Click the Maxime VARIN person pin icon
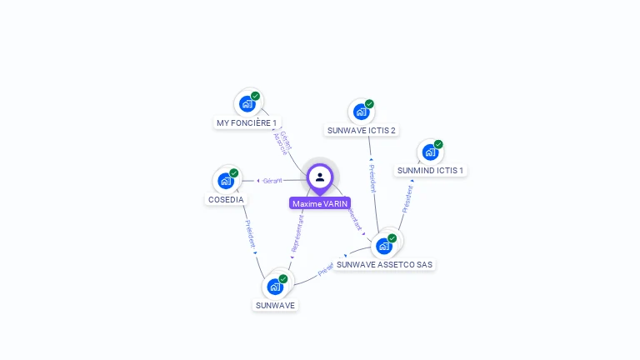[320, 177]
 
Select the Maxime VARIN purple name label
[320, 203]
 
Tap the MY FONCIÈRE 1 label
[247, 122]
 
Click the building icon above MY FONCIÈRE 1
[247, 103]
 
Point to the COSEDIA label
[226, 199]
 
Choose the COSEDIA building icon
[225, 180]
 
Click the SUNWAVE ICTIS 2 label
[361, 130]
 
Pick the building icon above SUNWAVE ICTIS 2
[361, 111]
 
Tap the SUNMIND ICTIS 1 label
[430, 170]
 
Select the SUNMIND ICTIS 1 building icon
[430, 152]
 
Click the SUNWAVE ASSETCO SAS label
[384, 264]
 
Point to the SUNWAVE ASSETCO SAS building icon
[383, 246]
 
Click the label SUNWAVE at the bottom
[275, 305]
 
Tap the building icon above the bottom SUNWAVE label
[275, 287]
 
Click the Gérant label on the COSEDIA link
[272, 180]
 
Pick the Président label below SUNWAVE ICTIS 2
[372, 178]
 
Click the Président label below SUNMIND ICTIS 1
[407, 199]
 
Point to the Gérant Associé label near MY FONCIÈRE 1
[282, 142]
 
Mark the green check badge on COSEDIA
[234, 172]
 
